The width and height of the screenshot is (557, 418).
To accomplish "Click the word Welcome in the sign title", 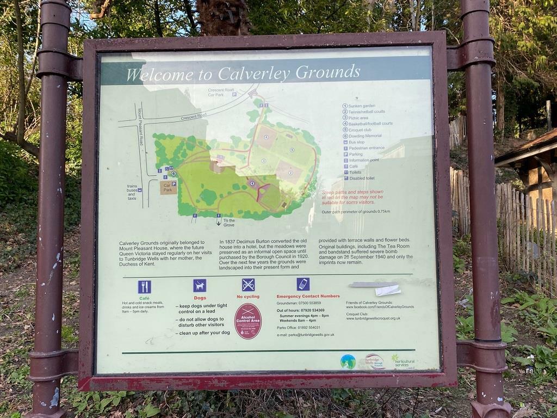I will pos(152,75).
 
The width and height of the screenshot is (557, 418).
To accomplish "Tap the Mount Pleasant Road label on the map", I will pos(140,127).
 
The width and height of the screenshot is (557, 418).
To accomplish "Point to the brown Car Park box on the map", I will pos(168,188).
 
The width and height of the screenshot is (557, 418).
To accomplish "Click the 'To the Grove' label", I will pos(228,222).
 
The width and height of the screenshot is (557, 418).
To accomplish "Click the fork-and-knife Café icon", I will pos(144,287).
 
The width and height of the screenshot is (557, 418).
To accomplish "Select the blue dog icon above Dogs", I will pos(200,285).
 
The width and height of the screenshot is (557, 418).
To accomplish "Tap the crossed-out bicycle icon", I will pos(248,285).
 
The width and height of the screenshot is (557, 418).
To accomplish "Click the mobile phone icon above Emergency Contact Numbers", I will pos(303,284).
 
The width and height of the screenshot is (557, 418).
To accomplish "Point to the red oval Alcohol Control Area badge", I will pos(248,321).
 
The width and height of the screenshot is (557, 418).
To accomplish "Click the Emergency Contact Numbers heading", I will pos(308,296).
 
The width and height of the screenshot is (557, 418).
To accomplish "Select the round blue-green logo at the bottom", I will pos(348,361).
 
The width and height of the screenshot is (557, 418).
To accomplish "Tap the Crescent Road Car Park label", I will pos(221,92).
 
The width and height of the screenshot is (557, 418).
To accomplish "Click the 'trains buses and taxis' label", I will pos(132,193).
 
